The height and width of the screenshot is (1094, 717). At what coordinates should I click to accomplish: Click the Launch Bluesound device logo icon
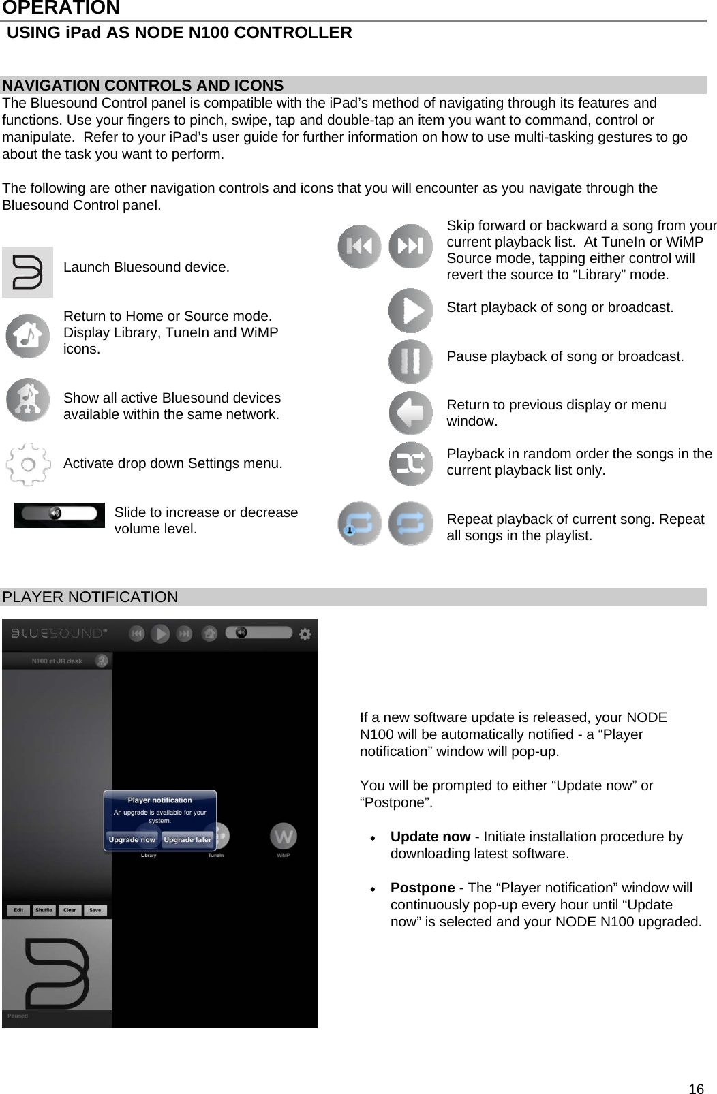tap(27, 272)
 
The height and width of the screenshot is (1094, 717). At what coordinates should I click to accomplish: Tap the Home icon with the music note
tap(27, 336)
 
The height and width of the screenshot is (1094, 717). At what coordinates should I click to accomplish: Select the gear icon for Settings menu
tap(28, 465)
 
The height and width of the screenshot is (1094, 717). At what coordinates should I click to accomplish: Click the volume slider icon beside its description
tap(59, 515)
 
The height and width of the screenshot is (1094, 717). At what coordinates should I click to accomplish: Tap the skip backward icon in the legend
tap(359, 247)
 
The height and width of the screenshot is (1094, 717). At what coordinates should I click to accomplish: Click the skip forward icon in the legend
tap(410, 247)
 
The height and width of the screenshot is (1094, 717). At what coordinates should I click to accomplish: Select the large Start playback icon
tap(410, 311)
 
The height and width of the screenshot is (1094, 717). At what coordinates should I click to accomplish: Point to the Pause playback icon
tap(410, 362)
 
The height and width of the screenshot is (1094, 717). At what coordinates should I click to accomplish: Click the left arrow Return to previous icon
tap(410, 413)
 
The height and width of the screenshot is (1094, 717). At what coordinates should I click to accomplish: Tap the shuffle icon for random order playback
tap(410, 464)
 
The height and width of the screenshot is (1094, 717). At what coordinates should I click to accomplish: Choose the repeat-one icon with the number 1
tap(359, 524)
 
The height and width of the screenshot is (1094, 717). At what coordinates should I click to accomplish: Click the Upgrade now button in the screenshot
tap(132, 839)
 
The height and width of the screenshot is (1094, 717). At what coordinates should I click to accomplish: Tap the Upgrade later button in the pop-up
tap(187, 839)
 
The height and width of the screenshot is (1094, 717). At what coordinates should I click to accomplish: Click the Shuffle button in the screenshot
tap(44, 910)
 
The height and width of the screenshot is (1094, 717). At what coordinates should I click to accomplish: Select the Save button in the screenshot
tap(95, 910)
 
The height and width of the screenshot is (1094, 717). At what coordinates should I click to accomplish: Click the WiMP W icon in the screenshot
tap(283, 835)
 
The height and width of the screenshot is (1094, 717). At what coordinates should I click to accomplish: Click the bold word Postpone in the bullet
tap(422, 888)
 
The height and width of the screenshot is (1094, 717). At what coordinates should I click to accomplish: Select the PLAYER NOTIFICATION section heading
tap(89, 597)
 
